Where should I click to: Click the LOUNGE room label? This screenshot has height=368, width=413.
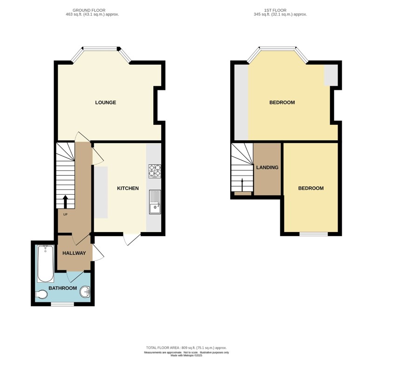tap(105, 102)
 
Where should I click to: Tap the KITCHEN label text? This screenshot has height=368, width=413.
tap(128, 188)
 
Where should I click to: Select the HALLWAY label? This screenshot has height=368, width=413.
tap(74, 253)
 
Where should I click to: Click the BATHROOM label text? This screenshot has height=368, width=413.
tap(62, 288)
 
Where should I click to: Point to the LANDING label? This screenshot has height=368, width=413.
tap(267, 167)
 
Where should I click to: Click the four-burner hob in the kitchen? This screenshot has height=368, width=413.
tap(155, 171)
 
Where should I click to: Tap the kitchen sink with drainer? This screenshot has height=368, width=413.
tap(155, 202)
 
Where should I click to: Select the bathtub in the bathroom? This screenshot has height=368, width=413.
tap(46, 264)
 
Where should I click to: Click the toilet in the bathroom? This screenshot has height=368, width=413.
tap(41, 294)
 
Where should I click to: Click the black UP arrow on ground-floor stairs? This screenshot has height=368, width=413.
tap(65, 202)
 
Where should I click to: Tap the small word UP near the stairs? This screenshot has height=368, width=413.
tap(65, 214)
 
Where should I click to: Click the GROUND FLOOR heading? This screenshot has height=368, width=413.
tap(89, 10)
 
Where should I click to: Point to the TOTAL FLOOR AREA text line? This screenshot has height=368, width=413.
tap(186, 348)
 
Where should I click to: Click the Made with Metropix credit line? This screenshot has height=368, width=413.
tap(186, 355)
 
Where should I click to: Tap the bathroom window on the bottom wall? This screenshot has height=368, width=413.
tap(62, 304)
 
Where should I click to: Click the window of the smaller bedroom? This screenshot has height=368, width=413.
tap(313, 234)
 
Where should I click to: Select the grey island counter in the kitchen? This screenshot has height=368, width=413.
tap(101, 192)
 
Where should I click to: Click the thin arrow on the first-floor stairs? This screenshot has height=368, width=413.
tap(242, 185)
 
